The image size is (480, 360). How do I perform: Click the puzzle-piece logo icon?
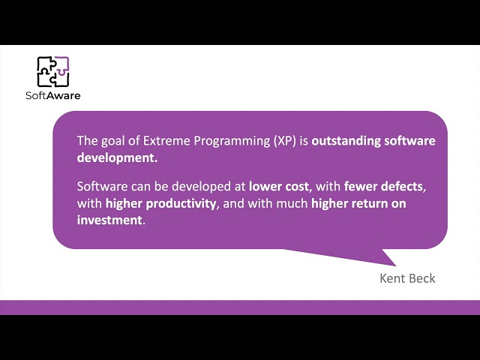[x=53, y=72]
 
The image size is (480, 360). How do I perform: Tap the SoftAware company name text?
[x=53, y=95]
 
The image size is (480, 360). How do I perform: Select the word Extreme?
[x=163, y=141]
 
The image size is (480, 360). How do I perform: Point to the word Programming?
[x=229, y=141]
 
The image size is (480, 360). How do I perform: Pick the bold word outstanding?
[x=346, y=141]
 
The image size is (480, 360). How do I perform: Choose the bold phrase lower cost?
[x=279, y=186]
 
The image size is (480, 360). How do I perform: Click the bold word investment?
[x=109, y=220]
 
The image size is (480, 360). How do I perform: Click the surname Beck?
[x=422, y=278]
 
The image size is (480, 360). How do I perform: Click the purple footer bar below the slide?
[x=240, y=307]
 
